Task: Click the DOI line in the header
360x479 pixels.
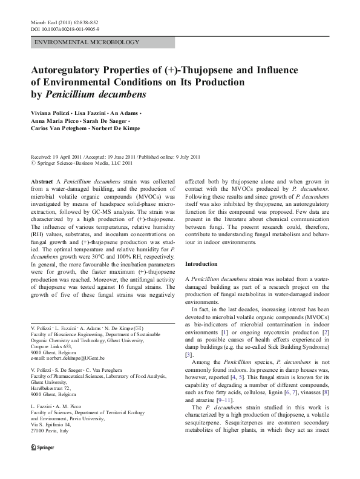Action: coord(65,28)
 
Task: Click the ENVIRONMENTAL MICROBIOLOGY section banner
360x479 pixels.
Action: coord(88,42)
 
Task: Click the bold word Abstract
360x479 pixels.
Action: coord(42,182)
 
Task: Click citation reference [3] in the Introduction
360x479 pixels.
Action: coord(188,354)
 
